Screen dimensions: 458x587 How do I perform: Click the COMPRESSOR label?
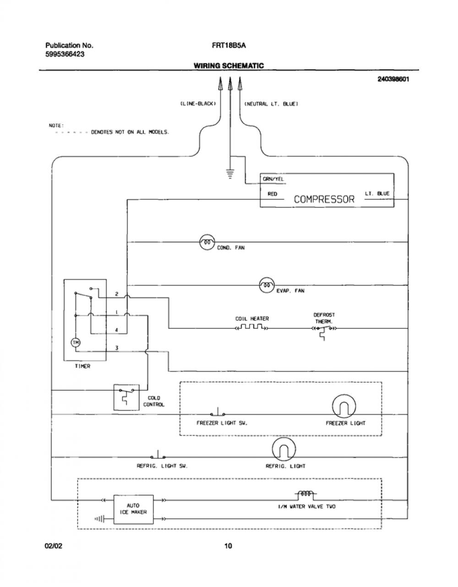(324, 199)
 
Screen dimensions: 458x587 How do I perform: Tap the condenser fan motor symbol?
(207, 242)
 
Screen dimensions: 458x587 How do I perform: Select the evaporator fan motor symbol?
(267, 285)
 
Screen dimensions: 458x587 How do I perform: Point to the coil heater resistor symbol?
(251, 327)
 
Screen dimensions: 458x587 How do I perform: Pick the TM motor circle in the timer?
(76, 343)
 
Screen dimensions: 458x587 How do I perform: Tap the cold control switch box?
(126, 397)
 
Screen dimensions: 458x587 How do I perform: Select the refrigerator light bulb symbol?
(284, 449)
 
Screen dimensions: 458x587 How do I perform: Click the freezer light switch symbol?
(218, 412)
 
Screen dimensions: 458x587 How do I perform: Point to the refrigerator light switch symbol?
(158, 455)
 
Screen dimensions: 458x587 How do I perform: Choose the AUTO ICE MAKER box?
(134, 509)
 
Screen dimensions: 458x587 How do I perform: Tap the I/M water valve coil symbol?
(305, 494)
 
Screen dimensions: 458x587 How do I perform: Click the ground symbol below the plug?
(230, 174)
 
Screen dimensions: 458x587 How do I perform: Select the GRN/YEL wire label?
(273, 179)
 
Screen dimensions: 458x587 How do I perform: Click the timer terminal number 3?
(116, 348)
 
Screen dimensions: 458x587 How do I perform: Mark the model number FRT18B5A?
(229, 45)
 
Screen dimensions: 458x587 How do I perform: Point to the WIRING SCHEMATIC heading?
(229, 66)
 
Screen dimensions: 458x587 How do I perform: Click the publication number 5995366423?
(65, 54)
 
